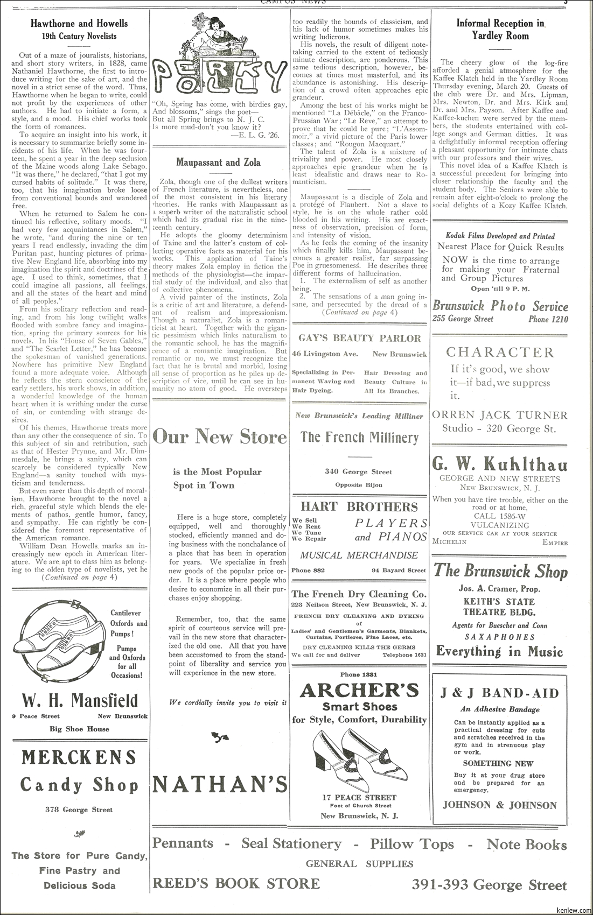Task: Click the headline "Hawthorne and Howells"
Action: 79,24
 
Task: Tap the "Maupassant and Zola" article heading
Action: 218,162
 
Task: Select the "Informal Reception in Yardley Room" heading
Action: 500,30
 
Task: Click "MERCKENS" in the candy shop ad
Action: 80,758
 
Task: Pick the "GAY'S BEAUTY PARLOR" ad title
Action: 360,338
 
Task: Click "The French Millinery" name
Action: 359,437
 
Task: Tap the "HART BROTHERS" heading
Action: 359,507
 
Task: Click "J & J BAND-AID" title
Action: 500,693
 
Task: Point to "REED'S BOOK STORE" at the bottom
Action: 236,883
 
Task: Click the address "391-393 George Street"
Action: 489,884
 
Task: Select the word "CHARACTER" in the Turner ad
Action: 500,353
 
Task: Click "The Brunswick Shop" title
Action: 500,571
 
